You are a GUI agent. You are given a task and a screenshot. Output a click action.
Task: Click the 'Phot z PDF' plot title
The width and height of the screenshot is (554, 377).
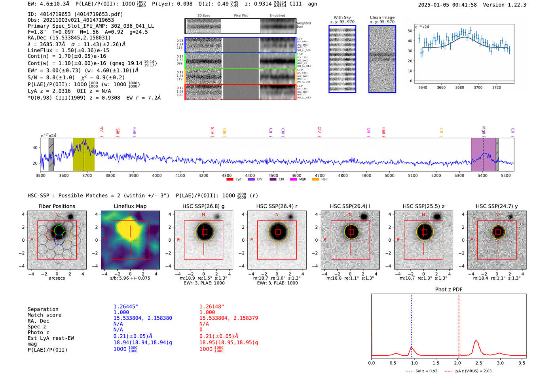click(448, 290)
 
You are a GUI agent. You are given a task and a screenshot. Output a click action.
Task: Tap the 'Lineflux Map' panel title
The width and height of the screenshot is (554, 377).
click(130, 206)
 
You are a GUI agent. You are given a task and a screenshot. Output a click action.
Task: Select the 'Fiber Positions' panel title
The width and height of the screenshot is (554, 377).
click(57, 206)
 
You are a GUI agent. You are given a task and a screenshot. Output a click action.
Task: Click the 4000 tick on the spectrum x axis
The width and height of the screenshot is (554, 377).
click(157, 176)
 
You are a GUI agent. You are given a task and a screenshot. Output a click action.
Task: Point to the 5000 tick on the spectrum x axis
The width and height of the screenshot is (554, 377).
click(389, 176)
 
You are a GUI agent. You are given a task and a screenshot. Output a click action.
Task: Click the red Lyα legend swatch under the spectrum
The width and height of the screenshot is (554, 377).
click(230, 180)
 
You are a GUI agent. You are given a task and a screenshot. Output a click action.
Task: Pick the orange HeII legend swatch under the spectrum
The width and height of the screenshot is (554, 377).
click(315, 180)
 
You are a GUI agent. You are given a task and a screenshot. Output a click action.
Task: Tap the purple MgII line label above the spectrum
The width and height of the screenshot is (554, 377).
click(484, 131)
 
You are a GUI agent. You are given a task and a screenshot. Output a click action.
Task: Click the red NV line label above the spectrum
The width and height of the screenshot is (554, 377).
click(102, 129)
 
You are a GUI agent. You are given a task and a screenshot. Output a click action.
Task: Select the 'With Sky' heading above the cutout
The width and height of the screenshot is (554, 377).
click(342, 17)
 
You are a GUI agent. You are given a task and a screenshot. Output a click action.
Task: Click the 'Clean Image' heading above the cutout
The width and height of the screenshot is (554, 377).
click(382, 17)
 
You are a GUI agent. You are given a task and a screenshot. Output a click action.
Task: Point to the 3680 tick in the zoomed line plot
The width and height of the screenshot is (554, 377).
click(459, 87)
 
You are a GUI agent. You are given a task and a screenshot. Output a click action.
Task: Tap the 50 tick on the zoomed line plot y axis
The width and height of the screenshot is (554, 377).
click(410, 31)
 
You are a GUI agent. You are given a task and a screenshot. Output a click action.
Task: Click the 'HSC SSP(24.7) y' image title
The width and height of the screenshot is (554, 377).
click(497, 206)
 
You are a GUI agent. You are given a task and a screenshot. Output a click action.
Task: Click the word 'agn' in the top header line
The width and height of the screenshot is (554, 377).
click(313, 4)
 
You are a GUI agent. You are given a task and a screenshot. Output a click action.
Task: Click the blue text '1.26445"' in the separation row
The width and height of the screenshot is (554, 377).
click(125, 307)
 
